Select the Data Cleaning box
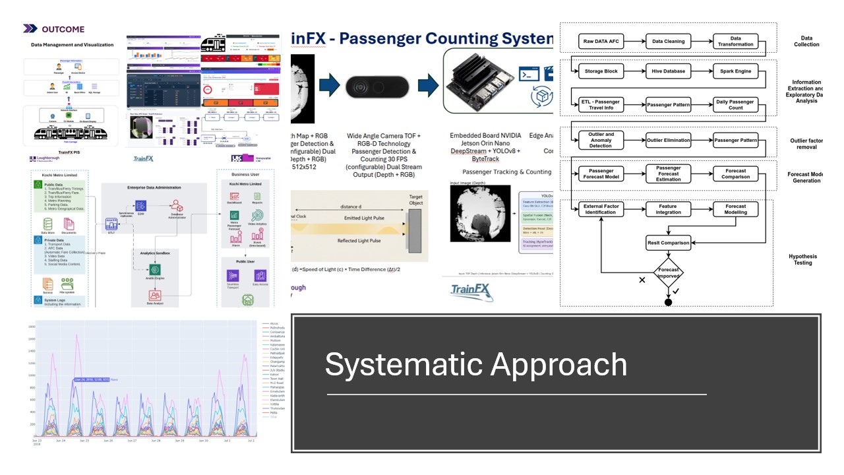668,42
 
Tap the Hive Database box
668,71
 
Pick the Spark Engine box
735,71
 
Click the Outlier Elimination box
668,141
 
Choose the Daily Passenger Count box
735,104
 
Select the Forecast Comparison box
735,174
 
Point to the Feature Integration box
668,209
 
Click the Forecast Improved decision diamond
668,273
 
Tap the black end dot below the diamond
668,302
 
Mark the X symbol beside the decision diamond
642,280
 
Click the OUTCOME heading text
63,29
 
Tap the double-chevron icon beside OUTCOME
30,29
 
